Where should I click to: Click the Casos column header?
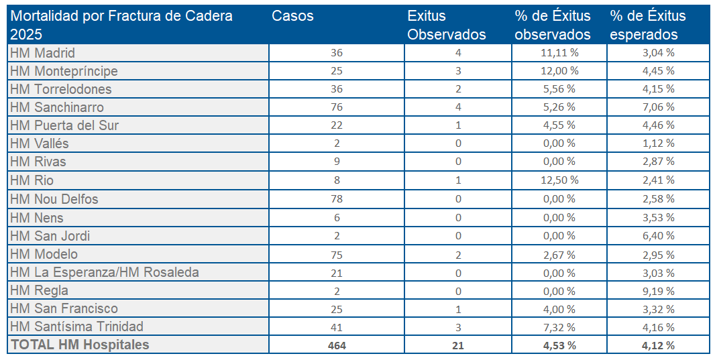[x=293, y=17]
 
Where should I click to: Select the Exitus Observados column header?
[x=446, y=25]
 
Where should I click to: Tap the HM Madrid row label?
[x=43, y=53]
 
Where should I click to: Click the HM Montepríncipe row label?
[x=64, y=71]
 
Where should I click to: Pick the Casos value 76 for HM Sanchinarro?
[x=337, y=107]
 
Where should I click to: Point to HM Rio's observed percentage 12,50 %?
[x=558, y=180]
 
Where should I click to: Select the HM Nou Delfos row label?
[x=54, y=199]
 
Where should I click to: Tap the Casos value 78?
[x=337, y=199]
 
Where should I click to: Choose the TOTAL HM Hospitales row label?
[x=80, y=345]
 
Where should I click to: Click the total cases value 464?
[x=337, y=345]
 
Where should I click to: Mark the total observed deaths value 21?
[x=457, y=345]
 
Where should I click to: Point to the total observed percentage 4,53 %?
[x=558, y=345]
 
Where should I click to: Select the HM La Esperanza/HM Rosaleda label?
[x=105, y=272]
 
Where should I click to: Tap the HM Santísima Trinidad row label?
[x=77, y=326]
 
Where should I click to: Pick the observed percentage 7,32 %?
[x=558, y=327]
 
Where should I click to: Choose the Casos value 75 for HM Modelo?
[x=337, y=254]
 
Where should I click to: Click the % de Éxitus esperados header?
[x=648, y=25]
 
